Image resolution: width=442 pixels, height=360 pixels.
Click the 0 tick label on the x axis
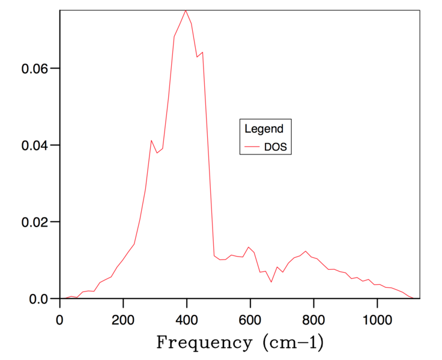pos(60,319)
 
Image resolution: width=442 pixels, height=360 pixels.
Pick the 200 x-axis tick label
pos(123,319)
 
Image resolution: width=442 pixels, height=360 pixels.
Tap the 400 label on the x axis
pos(187,319)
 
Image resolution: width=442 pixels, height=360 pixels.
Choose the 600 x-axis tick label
pos(250,319)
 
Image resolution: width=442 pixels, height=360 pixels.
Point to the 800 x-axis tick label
pos(313,319)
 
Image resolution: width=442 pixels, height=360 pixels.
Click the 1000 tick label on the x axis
pos(377,319)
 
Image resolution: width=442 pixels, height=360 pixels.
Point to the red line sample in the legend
pos(253,147)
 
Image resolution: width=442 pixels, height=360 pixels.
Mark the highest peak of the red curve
pos(186,10)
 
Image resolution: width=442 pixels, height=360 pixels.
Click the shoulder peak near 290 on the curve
pos(151,140)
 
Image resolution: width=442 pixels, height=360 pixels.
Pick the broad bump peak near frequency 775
pos(306,251)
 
